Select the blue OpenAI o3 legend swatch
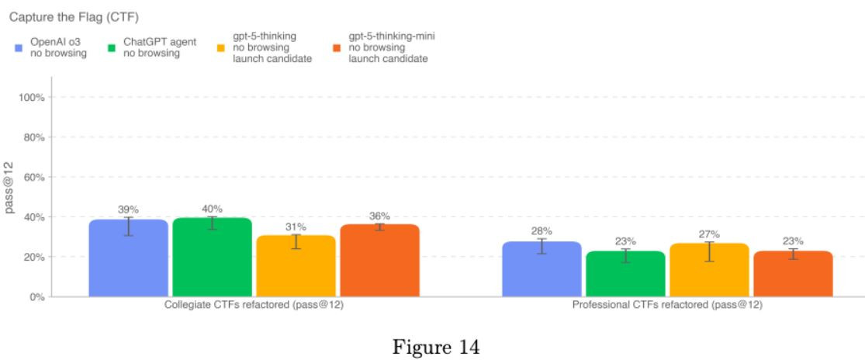pos(19,48)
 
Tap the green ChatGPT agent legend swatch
pos(112,48)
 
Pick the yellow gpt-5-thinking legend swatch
pos(220,48)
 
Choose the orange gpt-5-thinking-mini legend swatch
pos(337,48)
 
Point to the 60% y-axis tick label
pos(36,178)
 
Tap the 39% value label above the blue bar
pos(128,209)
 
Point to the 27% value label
pos(709,234)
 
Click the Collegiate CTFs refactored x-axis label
pos(254,306)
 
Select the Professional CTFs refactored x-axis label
pos(667,306)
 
